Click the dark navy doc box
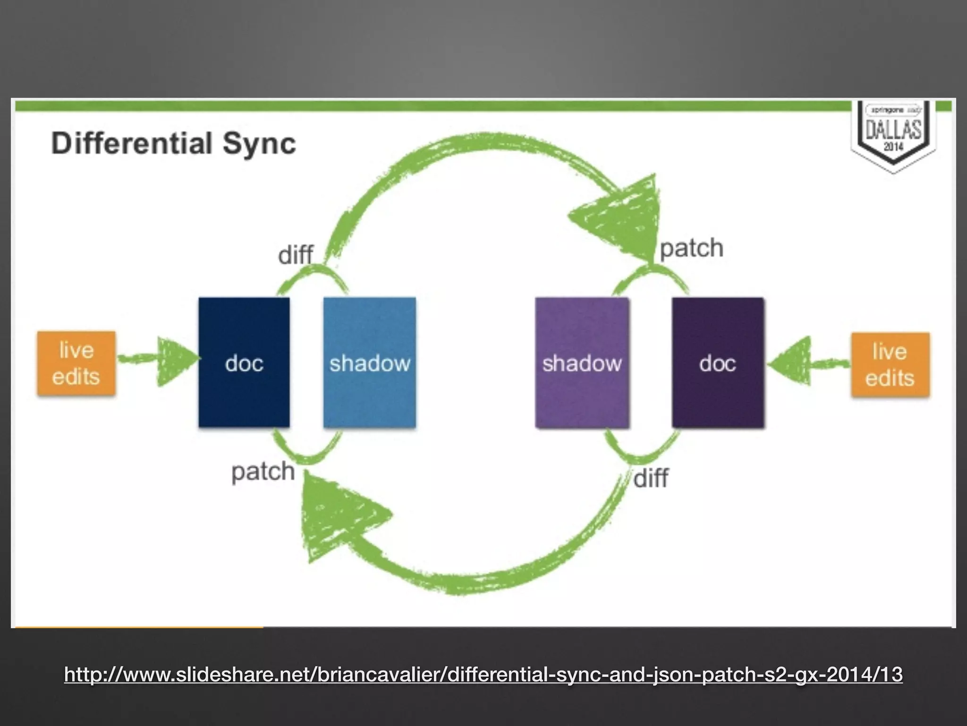pyautogui.click(x=244, y=363)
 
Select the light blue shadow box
pyautogui.click(x=370, y=363)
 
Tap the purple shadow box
pyautogui.click(x=582, y=363)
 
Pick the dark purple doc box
pyautogui.click(x=718, y=363)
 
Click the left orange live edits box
pyautogui.click(x=76, y=363)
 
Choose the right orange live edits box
pyautogui.click(x=890, y=364)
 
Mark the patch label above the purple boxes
pyautogui.click(x=691, y=248)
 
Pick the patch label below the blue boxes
pyautogui.click(x=263, y=472)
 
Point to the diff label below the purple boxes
pyautogui.click(x=651, y=478)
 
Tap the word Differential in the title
pyautogui.click(x=132, y=143)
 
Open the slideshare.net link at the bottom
pyautogui.click(x=483, y=674)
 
